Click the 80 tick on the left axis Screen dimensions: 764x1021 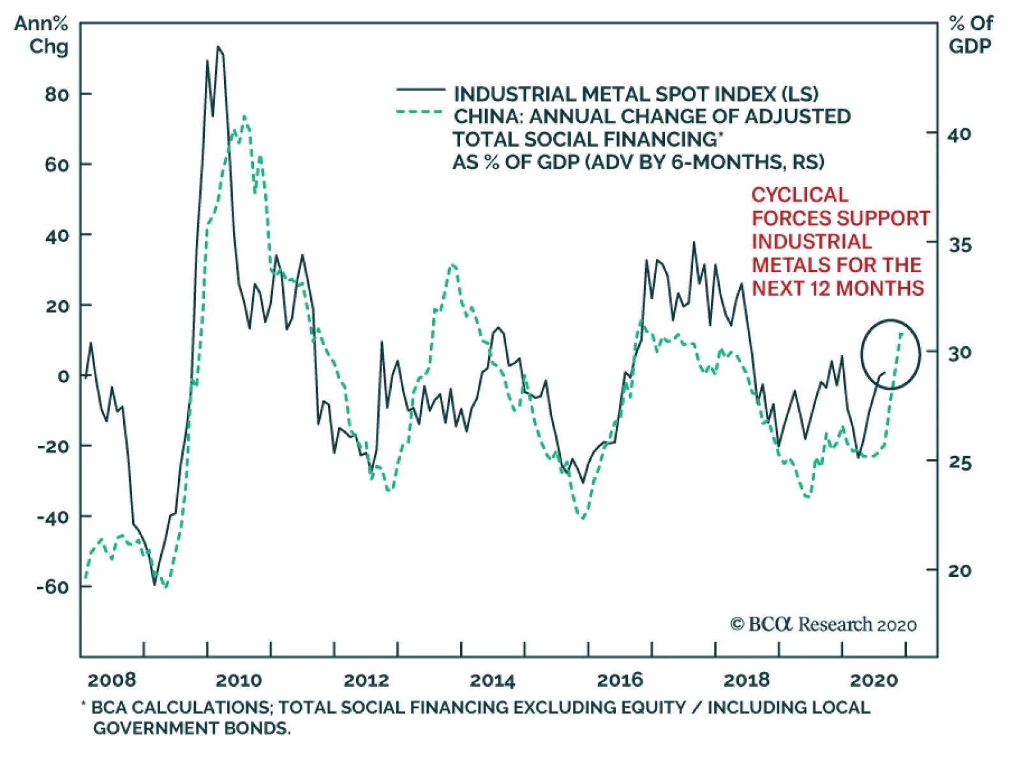(57, 95)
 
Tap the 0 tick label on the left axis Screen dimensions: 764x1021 (63, 376)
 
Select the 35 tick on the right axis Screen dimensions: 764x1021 (959, 245)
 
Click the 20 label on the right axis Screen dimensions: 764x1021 (959, 570)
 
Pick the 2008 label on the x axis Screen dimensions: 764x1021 (112, 680)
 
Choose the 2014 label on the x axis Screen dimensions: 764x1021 (492, 680)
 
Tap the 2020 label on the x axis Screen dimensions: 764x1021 (873, 680)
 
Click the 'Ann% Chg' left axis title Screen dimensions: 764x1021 (42, 34)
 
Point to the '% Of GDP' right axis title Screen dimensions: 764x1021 (971, 34)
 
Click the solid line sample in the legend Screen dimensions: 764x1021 (421, 90)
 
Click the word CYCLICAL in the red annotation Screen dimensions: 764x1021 (800, 195)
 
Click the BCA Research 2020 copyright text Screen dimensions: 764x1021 (823, 624)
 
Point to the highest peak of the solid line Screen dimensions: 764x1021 (218, 47)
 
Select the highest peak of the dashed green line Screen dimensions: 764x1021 (244, 117)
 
